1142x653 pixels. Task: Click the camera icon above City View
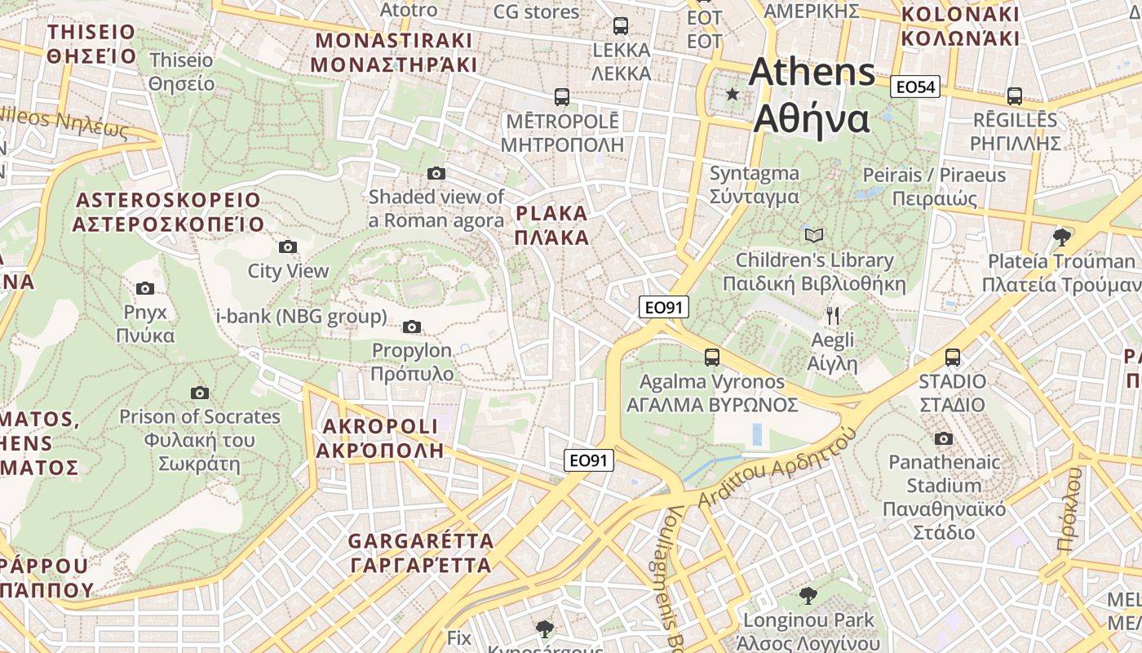[288, 247]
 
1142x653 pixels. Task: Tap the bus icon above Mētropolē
[562, 97]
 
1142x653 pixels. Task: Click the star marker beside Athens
[733, 95]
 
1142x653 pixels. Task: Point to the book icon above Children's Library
[814, 235]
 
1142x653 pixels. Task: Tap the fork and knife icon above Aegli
[833, 316]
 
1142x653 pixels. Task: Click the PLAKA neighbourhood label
[552, 225]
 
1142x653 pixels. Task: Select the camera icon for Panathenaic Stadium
[944, 438]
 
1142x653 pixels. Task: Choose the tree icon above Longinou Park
[808, 595]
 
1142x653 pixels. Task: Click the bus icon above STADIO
[952, 357]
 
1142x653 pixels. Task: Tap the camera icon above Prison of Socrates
[200, 393]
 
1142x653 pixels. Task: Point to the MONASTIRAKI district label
[394, 52]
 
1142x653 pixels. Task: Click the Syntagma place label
[754, 184]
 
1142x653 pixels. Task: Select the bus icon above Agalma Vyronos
[712, 357]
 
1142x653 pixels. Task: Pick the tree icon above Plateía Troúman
[1061, 238]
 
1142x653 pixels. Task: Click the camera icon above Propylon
[412, 326]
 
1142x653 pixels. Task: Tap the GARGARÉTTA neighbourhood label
[421, 553]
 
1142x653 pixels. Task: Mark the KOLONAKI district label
[960, 26]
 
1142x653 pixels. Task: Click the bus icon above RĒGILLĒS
[1015, 96]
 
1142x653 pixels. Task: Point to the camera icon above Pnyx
[145, 288]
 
